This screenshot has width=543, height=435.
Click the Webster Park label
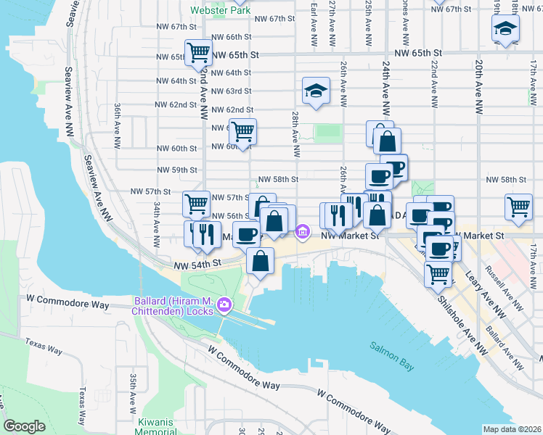pyautogui.click(x=220, y=11)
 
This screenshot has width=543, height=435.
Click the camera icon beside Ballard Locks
pyautogui.click(x=225, y=304)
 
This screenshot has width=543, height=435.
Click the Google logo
pyautogui.click(x=24, y=426)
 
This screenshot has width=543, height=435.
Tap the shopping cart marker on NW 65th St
pyautogui.click(x=197, y=52)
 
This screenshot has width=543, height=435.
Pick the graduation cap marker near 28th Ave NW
pyautogui.click(x=315, y=91)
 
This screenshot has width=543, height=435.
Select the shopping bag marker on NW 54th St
pyautogui.click(x=260, y=260)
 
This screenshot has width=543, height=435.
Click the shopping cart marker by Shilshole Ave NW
pyautogui.click(x=438, y=273)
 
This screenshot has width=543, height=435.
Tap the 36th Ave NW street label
pyautogui.click(x=117, y=125)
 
